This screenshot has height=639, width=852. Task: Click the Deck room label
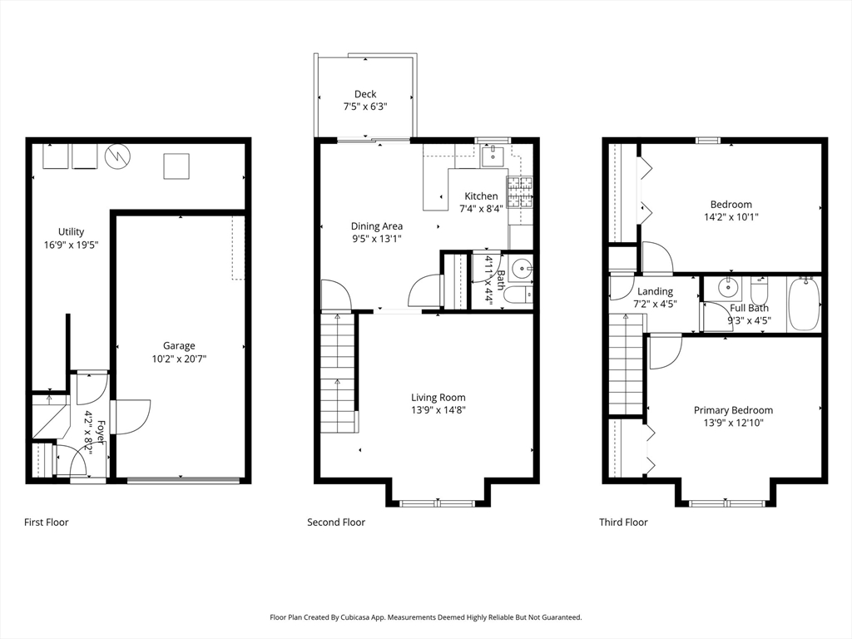pos(365,94)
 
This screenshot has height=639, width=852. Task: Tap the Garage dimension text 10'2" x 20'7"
pos(179,359)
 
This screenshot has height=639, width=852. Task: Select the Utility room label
pos(72,232)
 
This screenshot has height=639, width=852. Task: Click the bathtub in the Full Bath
pos(804,305)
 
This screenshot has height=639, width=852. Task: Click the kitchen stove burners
pos(520,192)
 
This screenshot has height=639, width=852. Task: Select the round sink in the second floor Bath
pos(523,268)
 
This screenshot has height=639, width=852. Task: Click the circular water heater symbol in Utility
pos(118,156)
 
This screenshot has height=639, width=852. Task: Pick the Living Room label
pos(438,398)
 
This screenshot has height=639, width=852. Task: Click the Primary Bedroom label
pos(733,410)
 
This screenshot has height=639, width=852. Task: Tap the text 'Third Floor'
pos(623,523)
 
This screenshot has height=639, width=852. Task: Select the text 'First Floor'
pos(47,523)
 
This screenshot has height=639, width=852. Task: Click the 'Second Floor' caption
pos(336,523)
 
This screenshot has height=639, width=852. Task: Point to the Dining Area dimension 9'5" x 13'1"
pos(377,239)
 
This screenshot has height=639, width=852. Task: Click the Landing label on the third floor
pos(655,291)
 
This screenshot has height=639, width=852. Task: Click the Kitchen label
pos(481,196)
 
